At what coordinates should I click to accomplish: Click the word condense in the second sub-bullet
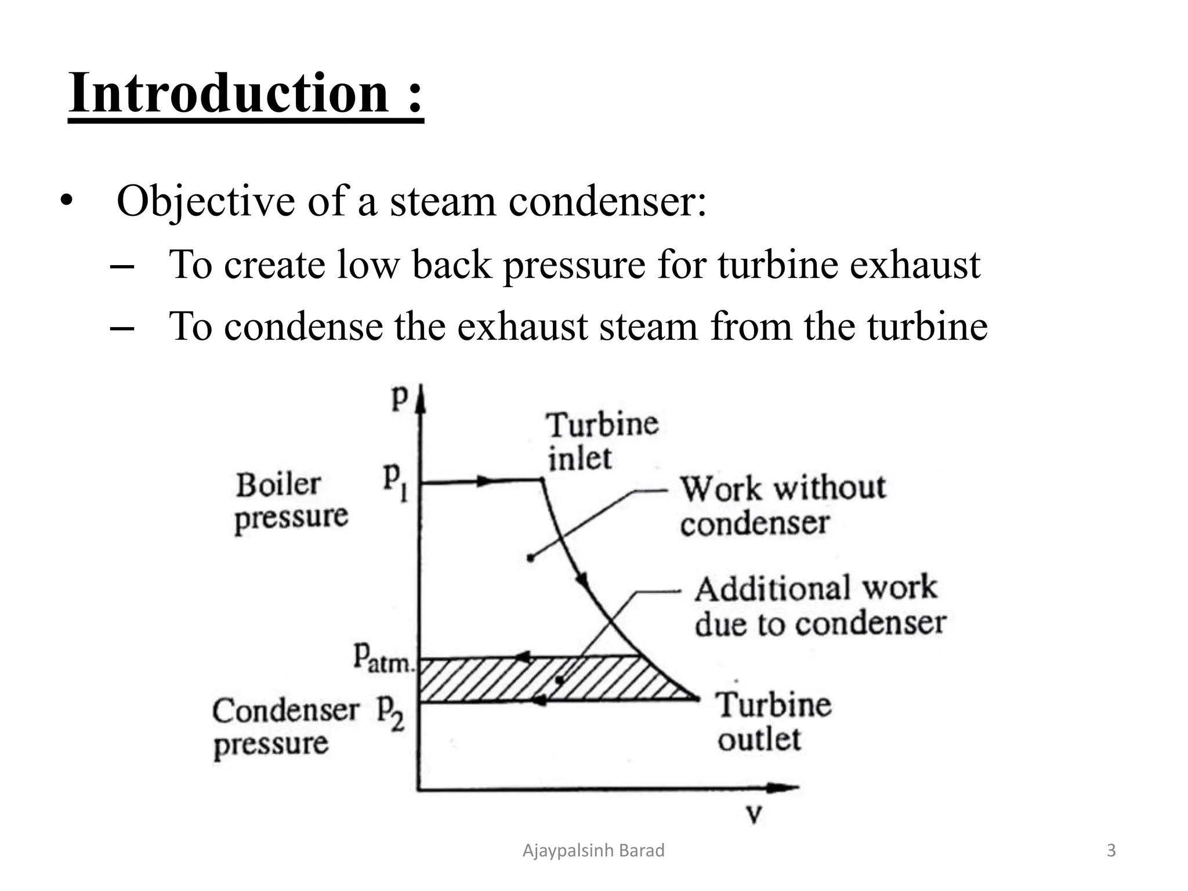click(303, 326)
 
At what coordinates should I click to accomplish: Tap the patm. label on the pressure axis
click(383, 659)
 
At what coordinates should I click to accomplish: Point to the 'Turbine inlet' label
click(602, 441)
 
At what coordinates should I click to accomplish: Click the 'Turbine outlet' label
click(774, 722)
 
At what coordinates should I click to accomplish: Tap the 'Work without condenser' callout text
click(783, 505)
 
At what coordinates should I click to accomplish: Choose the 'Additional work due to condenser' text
click(820, 606)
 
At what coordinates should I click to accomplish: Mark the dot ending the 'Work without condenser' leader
click(530, 558)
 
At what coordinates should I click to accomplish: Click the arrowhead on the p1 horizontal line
click(484, 481)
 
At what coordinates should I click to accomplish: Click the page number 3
click(1111, 851)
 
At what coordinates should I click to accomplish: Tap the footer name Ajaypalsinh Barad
click(593, 851)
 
